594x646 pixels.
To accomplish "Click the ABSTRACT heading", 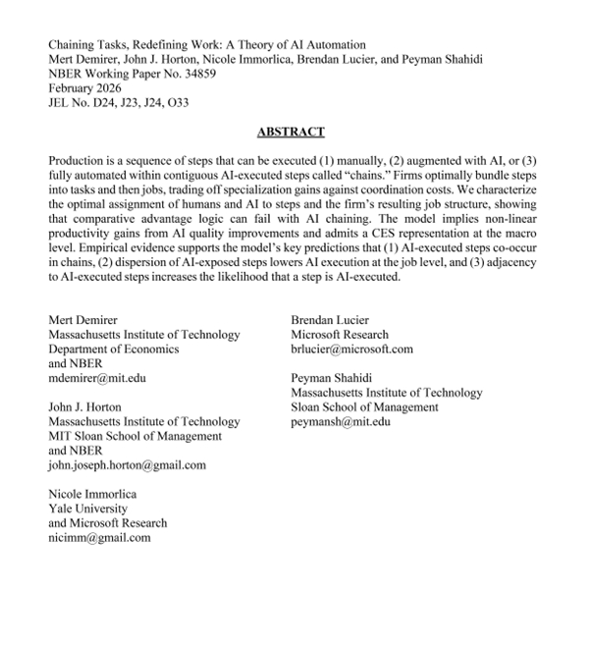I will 291,131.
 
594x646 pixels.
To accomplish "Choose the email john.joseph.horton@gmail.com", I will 128,465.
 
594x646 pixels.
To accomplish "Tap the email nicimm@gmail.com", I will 99,537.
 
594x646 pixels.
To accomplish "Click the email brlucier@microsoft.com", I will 352,349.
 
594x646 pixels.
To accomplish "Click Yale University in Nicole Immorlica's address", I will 88,509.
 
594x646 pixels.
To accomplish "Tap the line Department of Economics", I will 114,349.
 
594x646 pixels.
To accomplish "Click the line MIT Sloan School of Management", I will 135,436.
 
